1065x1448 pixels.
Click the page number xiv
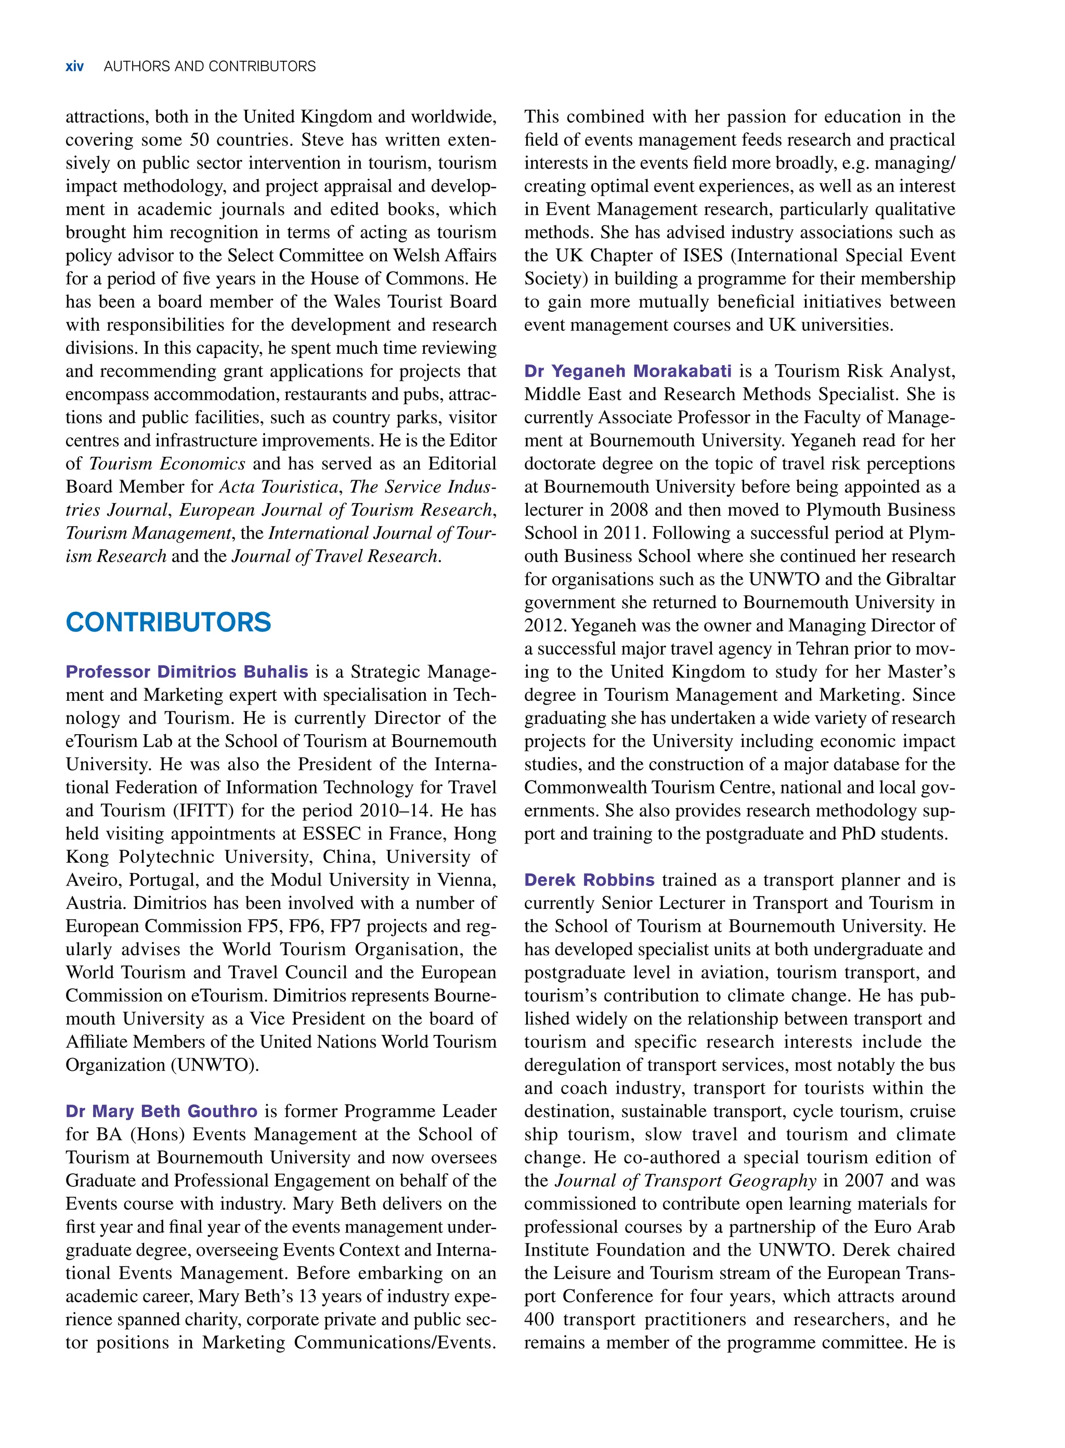[74, 67]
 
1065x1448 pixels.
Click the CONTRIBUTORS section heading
[168, 622]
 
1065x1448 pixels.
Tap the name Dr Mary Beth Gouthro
[161, 1111]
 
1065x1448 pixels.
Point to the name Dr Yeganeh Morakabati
[627, 371]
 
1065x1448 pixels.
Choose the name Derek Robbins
[589, 880]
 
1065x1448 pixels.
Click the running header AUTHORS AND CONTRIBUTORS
[210, 67]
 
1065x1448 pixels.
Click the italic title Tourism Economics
[167, 464]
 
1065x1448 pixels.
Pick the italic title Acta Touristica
[279, 487]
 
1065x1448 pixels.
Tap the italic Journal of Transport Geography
[686, 1181]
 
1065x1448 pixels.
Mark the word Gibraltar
[920, 579]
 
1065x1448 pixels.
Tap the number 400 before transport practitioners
[540, 1319]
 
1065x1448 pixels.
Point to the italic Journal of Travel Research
[336, 556]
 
